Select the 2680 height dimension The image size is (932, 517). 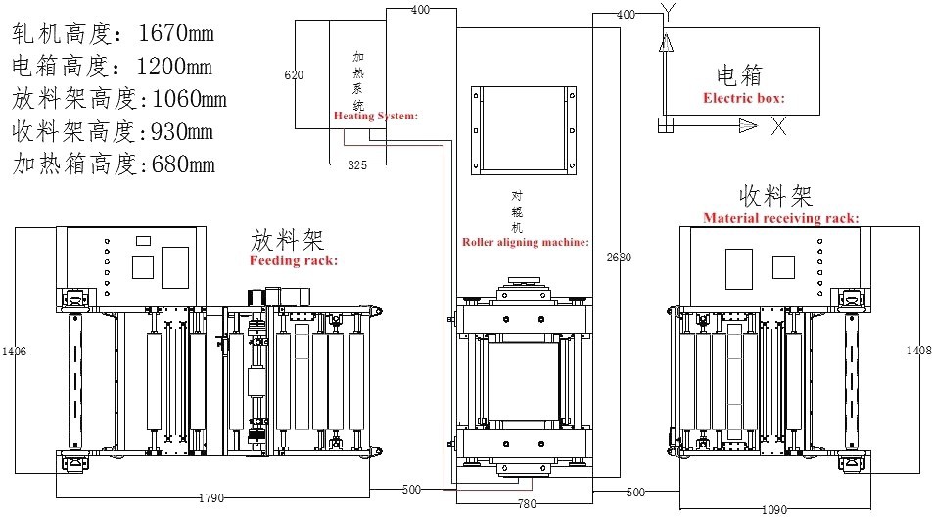[619, 258]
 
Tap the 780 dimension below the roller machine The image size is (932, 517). [527, 503]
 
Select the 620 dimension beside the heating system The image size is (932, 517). [294, 75]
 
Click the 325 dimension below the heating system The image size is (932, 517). [358, 165]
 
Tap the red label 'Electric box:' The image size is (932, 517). [744, 98]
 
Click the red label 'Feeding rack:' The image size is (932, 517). [294, 261]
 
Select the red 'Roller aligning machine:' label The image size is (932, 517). [525, 241]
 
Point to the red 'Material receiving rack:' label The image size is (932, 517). [781, 218]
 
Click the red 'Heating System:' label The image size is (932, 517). [376, 116]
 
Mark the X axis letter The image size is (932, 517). [778, 125]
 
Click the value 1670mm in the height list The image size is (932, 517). [177, 35]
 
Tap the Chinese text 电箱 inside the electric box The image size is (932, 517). [739, 75]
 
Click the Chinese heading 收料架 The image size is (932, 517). [776, 195]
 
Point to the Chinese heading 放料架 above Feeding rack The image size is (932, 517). [288, 239]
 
